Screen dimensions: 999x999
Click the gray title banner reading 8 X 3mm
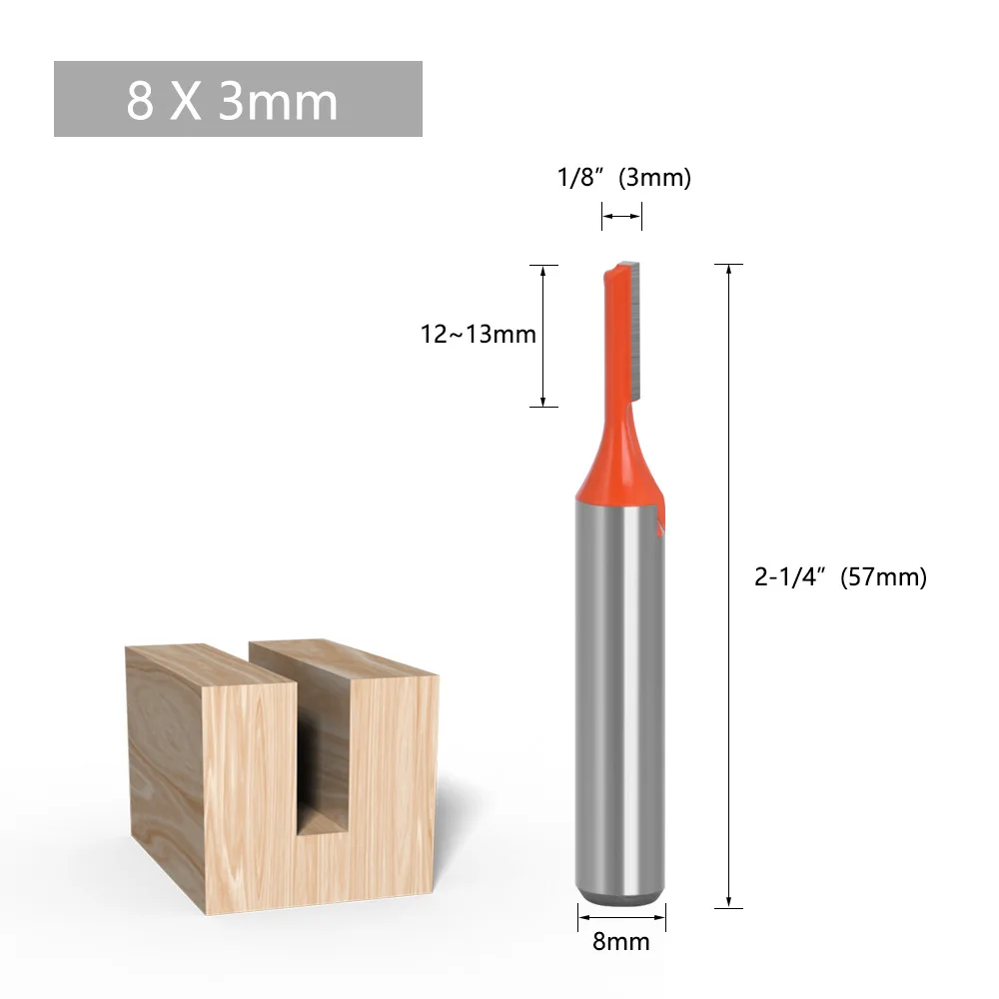pos(238,99)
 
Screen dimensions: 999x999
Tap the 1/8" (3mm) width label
pos(623,178)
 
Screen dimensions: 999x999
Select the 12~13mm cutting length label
pos(478,334)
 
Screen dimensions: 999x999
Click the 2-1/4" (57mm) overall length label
pos(840,576)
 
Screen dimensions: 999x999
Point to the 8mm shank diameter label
pos(620,941)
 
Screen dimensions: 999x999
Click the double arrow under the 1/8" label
pos(621,215)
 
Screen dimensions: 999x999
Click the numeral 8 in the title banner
pos(140,100)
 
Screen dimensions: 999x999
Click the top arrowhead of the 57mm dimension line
pos(729,270)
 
